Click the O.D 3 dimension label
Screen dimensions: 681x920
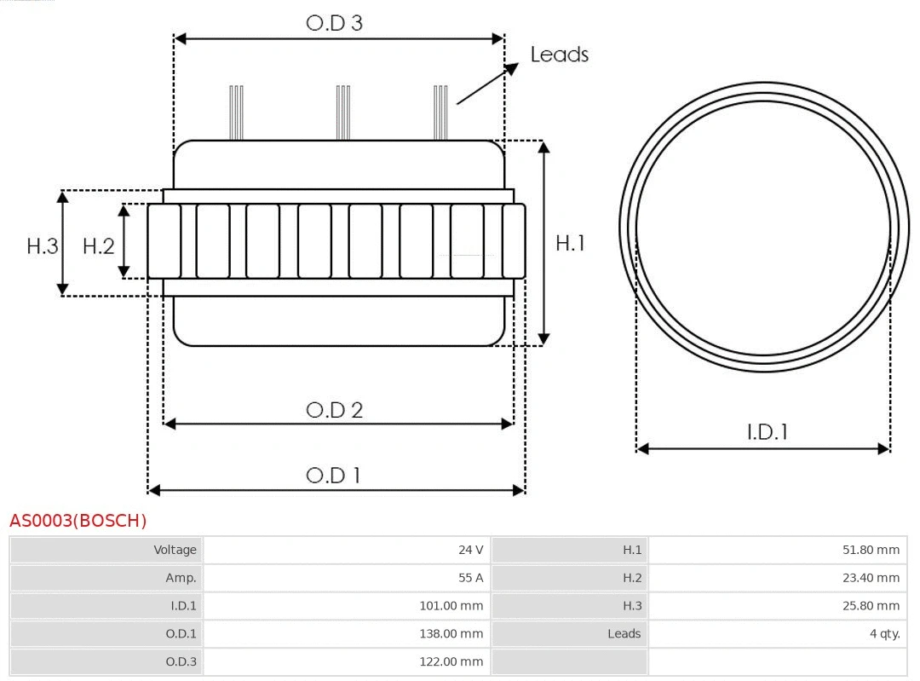coord(334,23)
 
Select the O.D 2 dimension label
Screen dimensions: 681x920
coord(334,410)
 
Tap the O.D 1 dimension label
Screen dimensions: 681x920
coord(333,475)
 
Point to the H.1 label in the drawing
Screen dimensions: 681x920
coord(570,243)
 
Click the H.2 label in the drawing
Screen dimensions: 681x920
coord(98,246)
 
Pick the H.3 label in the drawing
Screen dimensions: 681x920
coord(43,246)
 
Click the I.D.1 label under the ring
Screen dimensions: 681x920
coord(767,432)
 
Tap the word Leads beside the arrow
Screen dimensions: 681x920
coord(559,55)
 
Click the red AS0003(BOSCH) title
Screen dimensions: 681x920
coord(78,521)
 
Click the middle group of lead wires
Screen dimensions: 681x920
coord(343,113)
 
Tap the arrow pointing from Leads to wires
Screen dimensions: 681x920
coord(486,84)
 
